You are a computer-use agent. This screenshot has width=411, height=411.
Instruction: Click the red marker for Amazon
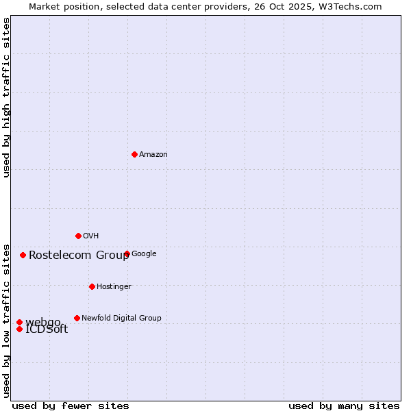[x=134, y=154]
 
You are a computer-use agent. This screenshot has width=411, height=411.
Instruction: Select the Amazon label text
[x=153, y=155]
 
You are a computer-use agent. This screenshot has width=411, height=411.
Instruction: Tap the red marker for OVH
[x=78, y=236]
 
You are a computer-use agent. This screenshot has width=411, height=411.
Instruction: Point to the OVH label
[x=91, y=236]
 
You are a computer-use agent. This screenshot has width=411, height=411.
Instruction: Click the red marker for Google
[x=127, y=253]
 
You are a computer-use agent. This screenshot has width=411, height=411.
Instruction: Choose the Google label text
[x=144, y=254]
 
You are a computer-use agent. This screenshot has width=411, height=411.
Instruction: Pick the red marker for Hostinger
[x=92, y=286]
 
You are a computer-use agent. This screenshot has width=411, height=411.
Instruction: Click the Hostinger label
[x=114, y=286]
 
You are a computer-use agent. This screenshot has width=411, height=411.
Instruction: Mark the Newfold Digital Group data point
[x=77, y=318]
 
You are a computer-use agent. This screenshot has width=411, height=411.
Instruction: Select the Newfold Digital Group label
[x=121, y=318]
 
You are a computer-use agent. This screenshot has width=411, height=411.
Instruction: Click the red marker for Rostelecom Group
[x=23, y=255]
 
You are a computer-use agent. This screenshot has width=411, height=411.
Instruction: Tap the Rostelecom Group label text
[x=79, y=256]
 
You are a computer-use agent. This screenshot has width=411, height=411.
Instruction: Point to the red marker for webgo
[x=19, y=322]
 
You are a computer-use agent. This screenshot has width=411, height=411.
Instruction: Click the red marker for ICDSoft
[x=19, y=329]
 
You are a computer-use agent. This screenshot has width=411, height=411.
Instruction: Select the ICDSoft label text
[x=47, y=329]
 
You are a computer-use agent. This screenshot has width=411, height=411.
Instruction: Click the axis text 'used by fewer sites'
[x=71, y=406]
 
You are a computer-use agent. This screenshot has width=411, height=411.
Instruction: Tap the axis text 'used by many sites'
[x=344, y=406]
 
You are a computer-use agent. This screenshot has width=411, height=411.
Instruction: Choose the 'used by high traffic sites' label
[x=7, y=98]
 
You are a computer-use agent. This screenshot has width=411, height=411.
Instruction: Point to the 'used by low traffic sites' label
[x=7, y=320]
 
